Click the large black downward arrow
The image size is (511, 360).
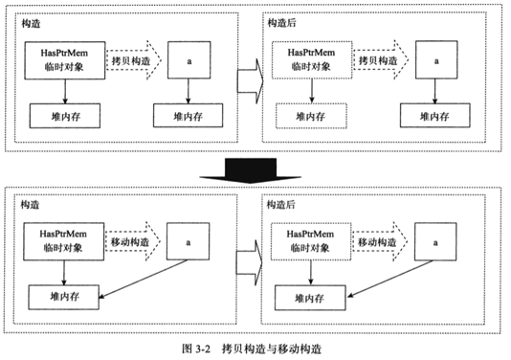coord(255,169)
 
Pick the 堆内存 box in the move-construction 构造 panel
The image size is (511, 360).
coord(62,299)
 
